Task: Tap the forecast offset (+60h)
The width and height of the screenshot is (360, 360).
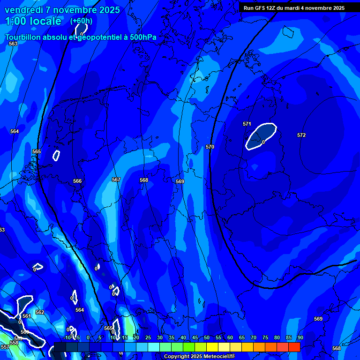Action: (81, 21)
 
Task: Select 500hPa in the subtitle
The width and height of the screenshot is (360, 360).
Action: (141, 37)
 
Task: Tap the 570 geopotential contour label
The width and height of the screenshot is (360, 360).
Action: (210, 147)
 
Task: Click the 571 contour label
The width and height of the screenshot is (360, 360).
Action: (247, 124)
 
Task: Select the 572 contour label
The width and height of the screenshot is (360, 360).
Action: (301, 135)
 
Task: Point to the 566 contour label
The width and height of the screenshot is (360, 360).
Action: (77, 181)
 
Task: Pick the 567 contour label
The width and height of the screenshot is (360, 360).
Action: (116, 180)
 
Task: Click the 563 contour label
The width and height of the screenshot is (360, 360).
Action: (13, 44)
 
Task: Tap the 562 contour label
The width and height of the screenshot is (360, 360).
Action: (40, 312)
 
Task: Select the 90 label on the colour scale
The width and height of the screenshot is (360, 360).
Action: (300, 337)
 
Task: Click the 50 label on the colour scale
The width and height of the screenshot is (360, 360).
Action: (206, 337)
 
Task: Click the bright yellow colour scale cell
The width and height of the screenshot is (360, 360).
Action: (212, 347)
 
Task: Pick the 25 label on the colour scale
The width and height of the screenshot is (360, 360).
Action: (148, 337)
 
